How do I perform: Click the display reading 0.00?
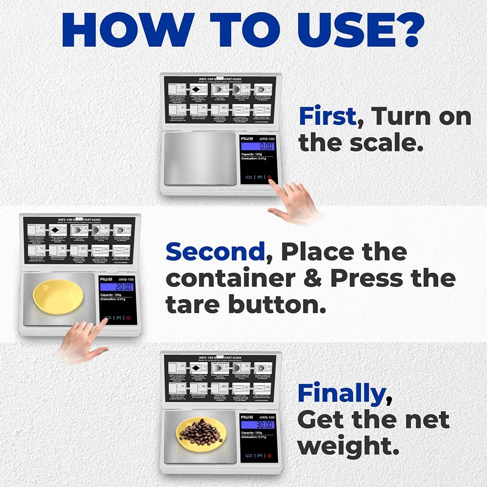258,146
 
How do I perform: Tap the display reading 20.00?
117,287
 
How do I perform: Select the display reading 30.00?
258,425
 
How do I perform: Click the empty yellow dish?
57,296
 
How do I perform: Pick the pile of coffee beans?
200,432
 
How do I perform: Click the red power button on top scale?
269,178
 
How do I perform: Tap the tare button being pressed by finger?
107,318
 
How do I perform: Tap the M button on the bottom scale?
259,456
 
